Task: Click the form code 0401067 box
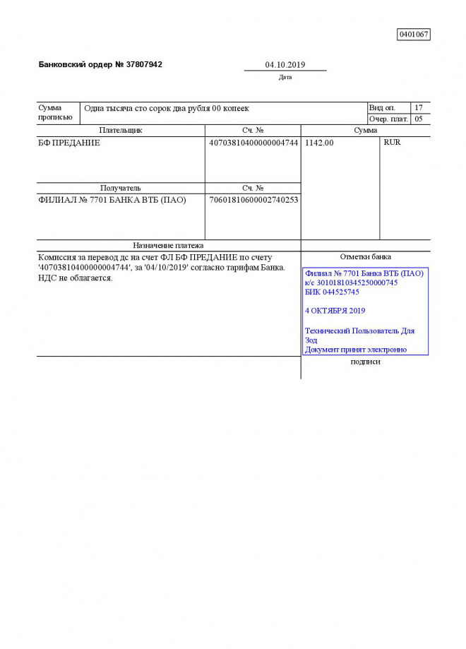click(414, 34)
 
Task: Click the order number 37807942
click(144, 64)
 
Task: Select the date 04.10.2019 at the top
click(285, 65)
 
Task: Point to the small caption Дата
click(285, 77)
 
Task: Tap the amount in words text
click(167, 108)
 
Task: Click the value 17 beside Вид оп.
click(419, 108)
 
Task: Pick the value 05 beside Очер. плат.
click(419, 119)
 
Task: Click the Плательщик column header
click(121, 131)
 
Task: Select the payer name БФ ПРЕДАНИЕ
click(69, 143)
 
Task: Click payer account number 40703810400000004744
click(253, 143)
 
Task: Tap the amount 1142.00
click(319, 143)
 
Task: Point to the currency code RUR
click(392, 143)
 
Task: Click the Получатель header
click(121, 189)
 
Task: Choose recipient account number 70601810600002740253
click(253, 200)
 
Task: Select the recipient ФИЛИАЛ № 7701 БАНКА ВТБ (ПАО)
click(112, 200)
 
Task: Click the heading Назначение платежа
click(168, 246)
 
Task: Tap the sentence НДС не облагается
click(76, 278)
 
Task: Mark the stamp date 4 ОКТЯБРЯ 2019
click(335, 310)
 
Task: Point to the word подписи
click(365, 362)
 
